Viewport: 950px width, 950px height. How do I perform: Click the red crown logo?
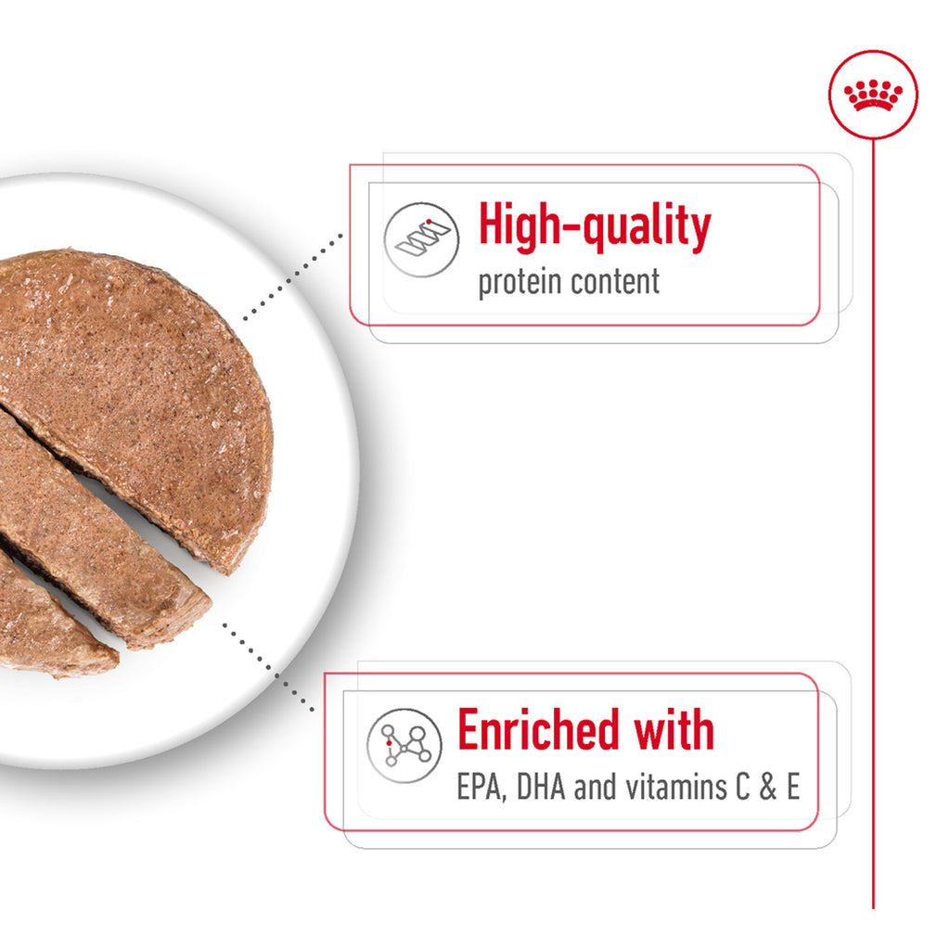point(873,96)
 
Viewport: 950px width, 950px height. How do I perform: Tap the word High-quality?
point(595,226)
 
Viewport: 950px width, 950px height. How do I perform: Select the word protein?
point(520,283)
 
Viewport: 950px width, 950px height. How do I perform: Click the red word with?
point(674,729)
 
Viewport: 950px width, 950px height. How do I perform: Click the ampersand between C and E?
point(767,787)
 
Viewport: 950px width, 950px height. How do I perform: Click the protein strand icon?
point(422,240)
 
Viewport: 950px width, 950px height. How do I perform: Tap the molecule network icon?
point(404,746)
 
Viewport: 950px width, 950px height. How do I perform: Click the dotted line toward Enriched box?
point(268,667)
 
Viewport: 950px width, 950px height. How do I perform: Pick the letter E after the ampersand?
point(793,787)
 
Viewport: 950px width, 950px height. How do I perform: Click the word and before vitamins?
point(596,787)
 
